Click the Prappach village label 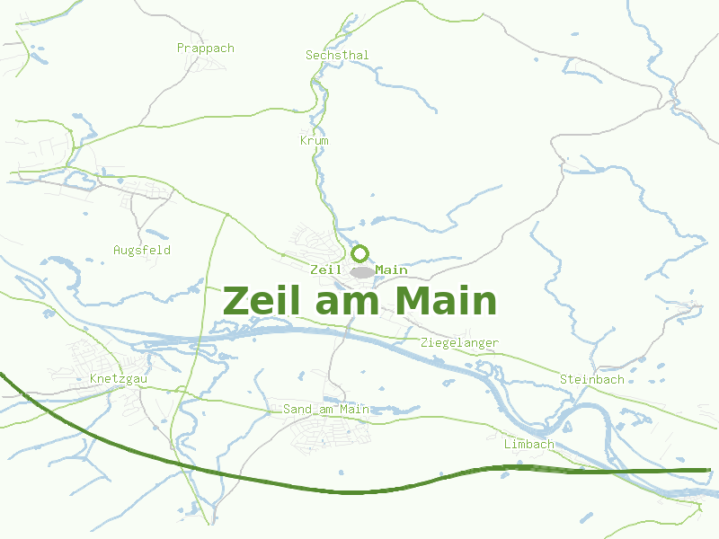[x=205, y=49]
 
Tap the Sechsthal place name [x=337, y=56]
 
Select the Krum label [x=315, y=141]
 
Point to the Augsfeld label [x=142, y=250]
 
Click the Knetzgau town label [x=119, y=379]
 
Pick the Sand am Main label [x=326, y=410]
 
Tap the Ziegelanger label [x=459, y=343]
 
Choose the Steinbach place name [x=591, y=379]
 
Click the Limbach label [x=529, y=445]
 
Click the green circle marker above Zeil [x=360, y=253]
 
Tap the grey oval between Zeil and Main [x=362, y=271]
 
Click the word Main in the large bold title [x=445, y=301]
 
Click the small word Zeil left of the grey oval [x=325, y=269]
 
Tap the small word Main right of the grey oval [x=391, y=269]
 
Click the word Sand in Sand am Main [x=297, y=410]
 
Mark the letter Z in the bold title [x=235, y=301]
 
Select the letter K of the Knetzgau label [x=93, y=379]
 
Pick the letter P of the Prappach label [x=181, y=49]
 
